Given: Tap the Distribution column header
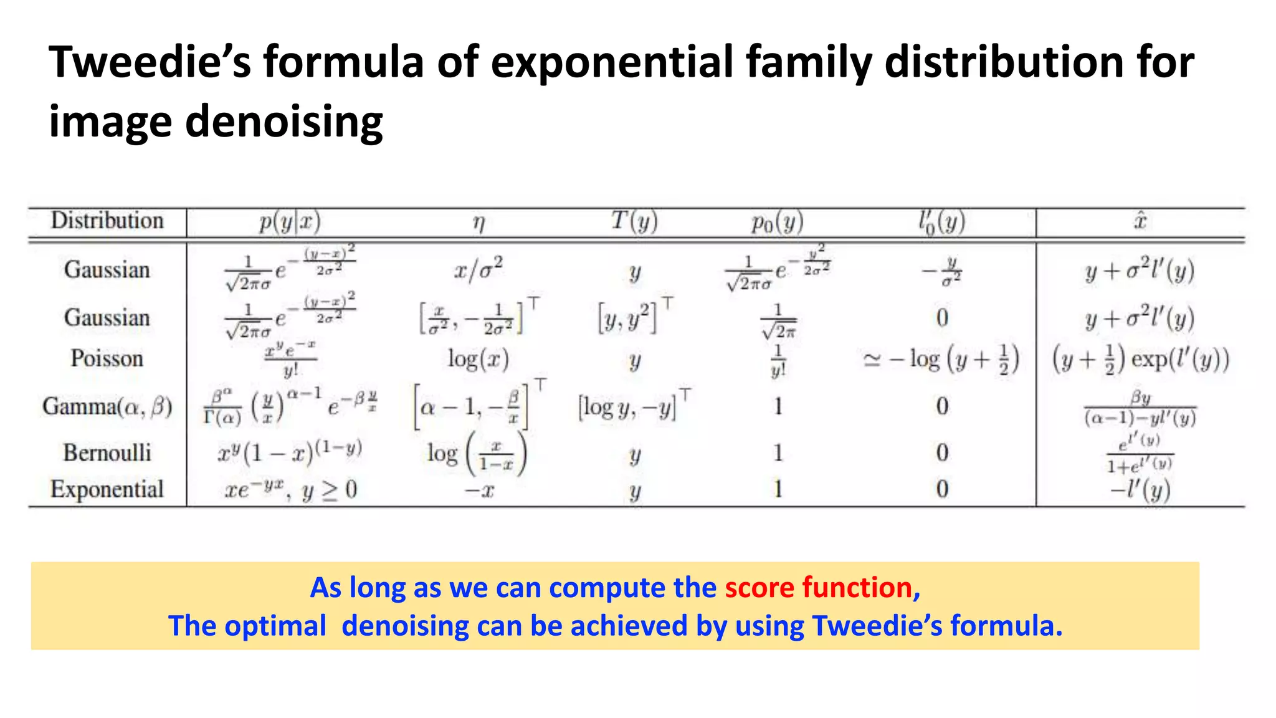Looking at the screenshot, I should click(107, 221).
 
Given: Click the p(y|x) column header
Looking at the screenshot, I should click(290, 221).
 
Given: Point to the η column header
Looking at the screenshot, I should click(478, 222).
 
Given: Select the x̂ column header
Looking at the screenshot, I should click(1140, 221).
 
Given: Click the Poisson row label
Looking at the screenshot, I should click(107, 358).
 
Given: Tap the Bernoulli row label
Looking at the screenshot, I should click(107, 452).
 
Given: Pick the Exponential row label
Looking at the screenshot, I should click(107, 489).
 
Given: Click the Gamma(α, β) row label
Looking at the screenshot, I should click(107, 406).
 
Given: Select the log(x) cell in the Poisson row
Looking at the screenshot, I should click(478, 359).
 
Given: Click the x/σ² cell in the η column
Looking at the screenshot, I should click(478, 270).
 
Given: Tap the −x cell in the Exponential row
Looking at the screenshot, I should click(478, 491).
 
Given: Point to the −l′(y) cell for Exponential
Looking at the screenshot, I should click(1140, 491).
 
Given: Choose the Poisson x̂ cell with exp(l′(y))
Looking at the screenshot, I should click(1140, 360).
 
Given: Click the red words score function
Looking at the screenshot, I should click(819, 587).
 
